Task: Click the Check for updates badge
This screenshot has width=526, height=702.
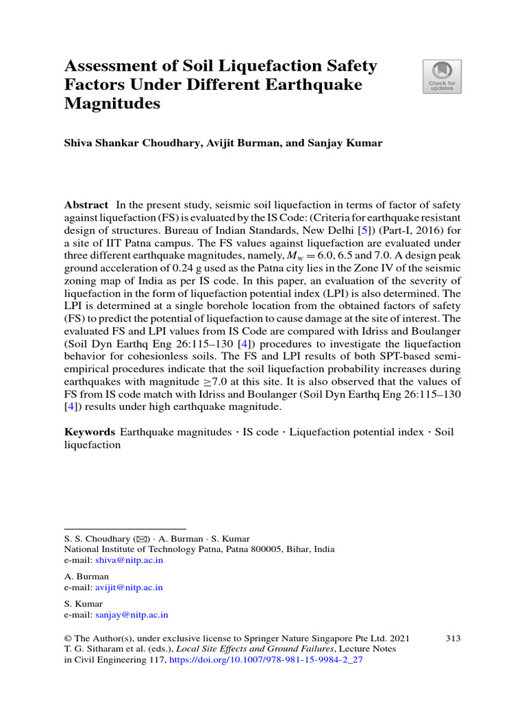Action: pos(442,76)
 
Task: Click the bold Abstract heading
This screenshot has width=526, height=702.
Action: pos(86,205)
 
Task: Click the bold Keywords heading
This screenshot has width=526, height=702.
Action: pos(89,432)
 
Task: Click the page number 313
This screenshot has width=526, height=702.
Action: pos(453,638)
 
